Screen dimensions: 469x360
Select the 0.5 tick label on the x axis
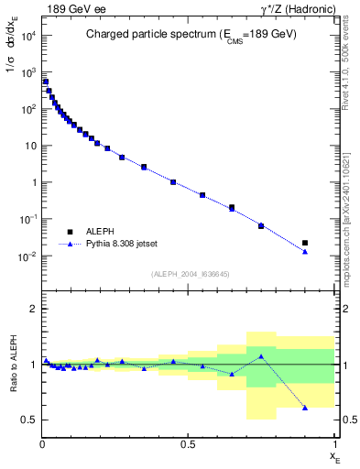[188, 444]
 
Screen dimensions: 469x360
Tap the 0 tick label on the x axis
[42, 444]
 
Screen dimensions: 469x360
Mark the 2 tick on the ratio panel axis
[33, 310]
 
